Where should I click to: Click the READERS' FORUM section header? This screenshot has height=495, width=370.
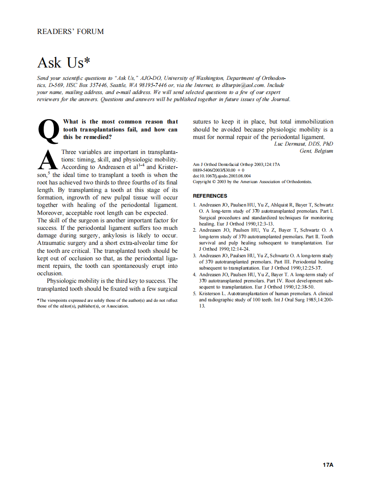pyautogui.click(x=71, y=32)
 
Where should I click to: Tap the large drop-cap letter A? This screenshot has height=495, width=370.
pyautogui.click(x=48, y=161)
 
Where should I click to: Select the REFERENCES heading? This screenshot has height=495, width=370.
pyautogui.click(x=210, y=196)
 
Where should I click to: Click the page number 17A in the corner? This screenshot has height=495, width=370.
pyautogui.click(x=328, y=465)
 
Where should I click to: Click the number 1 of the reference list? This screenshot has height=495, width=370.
pyautogui.click(x=195, y=206)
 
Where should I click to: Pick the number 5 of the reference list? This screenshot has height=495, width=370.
pyautogui.click(x=195, y=294)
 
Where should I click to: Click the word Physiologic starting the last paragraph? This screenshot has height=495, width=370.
pyautogui.click(x=64, y=281)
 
